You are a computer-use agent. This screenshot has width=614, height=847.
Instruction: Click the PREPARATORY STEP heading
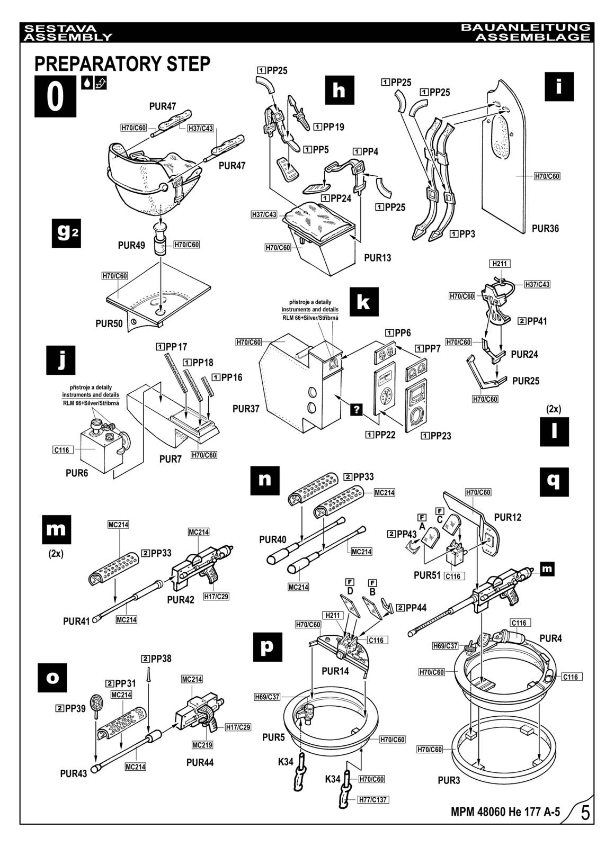point(122,64)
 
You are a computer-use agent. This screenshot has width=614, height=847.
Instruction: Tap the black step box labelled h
point(339,90)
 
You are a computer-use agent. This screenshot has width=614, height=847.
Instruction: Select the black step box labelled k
point(364,302)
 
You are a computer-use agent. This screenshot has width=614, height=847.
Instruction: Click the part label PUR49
point(131,246)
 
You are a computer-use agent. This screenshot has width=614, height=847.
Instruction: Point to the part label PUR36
point(545,229)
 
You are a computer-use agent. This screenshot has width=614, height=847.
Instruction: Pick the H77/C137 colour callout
point(373,799)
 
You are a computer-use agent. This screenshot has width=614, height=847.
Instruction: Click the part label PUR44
point(200,762)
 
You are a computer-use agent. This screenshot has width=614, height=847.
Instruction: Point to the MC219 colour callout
point(201,745)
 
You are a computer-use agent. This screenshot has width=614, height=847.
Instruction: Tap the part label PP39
point(70,708)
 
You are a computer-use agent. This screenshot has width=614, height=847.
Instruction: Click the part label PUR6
point(77,473)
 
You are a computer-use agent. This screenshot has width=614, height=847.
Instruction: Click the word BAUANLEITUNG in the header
point(525,27)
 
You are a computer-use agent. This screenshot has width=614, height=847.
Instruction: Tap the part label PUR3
point(449,780)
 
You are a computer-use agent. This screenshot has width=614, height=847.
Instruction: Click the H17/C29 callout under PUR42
point(216,596)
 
